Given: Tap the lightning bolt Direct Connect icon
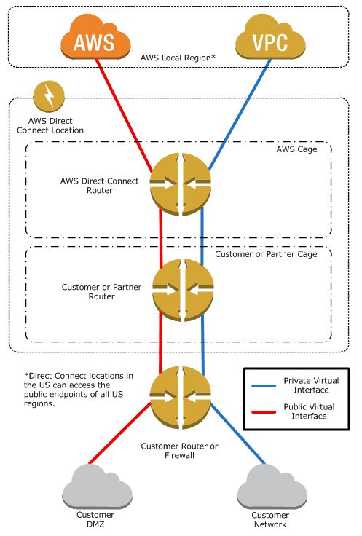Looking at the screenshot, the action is coord(49,96).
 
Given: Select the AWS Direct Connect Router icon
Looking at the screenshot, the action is coord(181,184).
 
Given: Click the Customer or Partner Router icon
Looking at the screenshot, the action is coord(183,290).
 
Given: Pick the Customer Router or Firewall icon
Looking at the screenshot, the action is coord(181,398).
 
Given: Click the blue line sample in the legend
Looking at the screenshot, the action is coord(264,386).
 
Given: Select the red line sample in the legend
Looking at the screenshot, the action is coord(264,412).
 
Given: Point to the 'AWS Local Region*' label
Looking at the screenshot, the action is coord(178,58).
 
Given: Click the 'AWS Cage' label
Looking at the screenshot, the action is coord(296,149).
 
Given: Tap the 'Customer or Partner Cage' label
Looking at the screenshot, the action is coord(266,254).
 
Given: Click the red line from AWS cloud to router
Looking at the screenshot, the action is coord(124,115).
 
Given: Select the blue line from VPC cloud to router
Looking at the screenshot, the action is coord(240,115).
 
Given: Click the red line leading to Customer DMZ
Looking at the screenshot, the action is coord(119,433).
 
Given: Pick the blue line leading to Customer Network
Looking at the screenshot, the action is coord(237,433).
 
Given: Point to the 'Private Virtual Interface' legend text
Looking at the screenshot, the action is coord(311,385).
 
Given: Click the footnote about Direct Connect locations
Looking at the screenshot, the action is coord(78,390).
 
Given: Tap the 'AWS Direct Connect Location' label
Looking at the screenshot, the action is coord(50,125).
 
